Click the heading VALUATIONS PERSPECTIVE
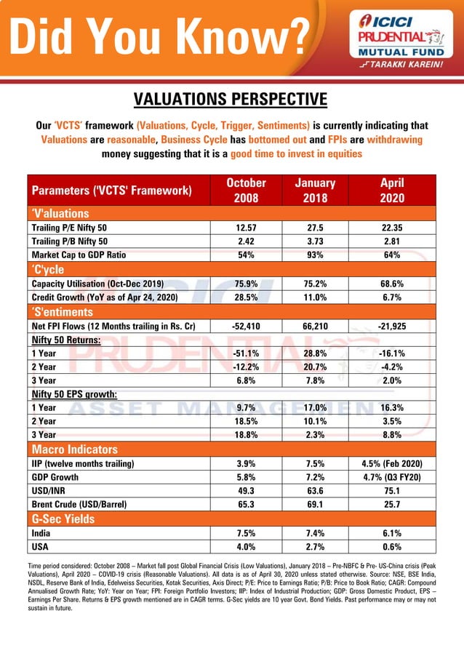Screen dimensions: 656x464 [x=231, y=99]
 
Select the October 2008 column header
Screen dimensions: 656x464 [x=247, y=191]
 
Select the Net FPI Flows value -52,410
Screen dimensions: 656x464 [x=247, y=325]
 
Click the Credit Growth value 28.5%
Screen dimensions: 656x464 [x=247, y=297]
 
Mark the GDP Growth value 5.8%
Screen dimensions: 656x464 [x=247, y=477]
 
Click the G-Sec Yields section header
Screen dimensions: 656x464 [x=63, y=519]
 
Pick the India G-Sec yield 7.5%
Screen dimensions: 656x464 [x=247, y=533]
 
